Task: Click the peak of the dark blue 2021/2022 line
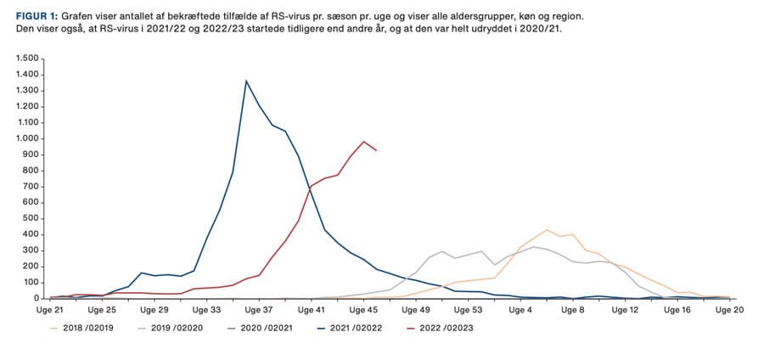pos(246,81)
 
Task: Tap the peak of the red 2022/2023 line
pos(364,142)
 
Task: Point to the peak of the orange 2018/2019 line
pos(548,230)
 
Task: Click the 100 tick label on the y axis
pos(31,283)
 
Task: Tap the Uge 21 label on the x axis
pos(50,311)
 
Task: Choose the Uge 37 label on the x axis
pos(259,311)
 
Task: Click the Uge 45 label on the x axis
pos(363,311)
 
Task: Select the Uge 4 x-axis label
pos(520,311)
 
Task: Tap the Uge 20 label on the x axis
pos(729,311)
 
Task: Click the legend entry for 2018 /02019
pos(93,328)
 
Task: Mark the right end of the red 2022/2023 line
pos(377,150)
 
